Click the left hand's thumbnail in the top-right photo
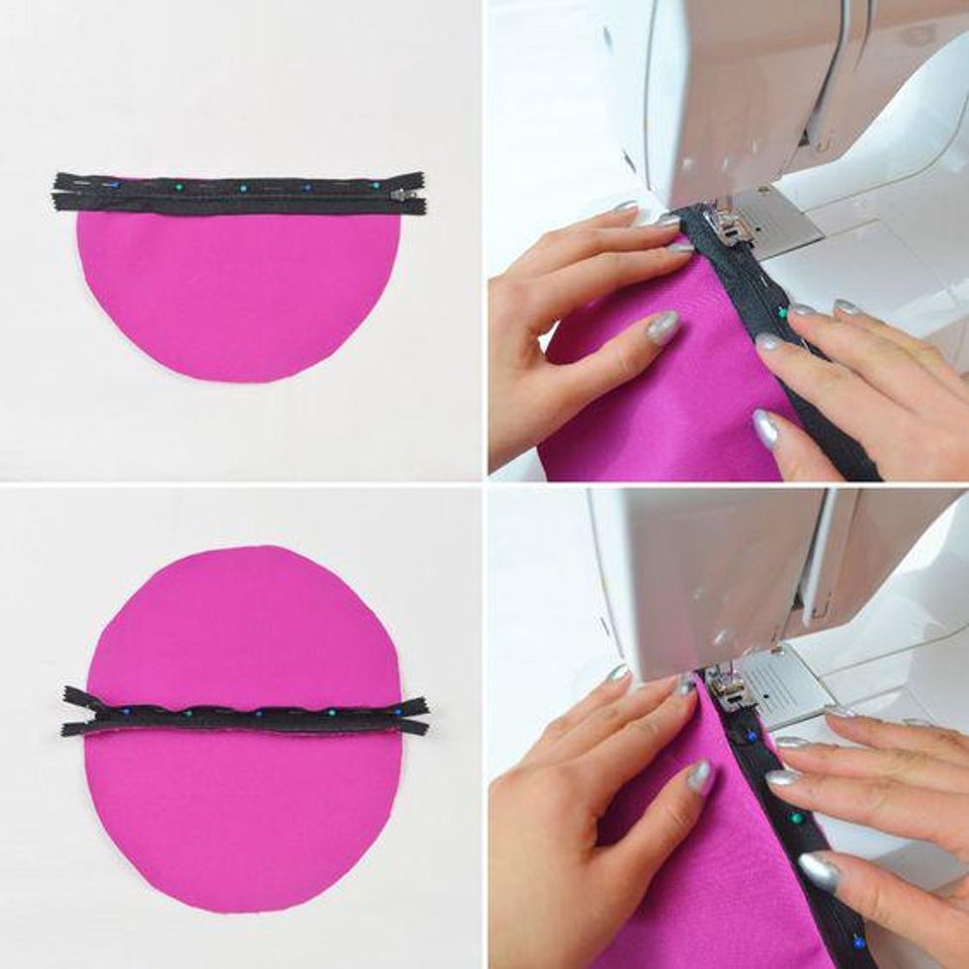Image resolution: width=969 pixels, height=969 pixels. pos(663,327)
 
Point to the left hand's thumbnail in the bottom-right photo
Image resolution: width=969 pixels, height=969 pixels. pos(700,776)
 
